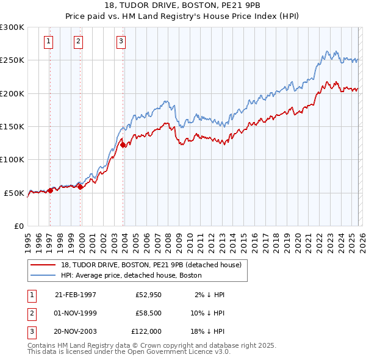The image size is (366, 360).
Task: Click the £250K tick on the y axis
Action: coord(12,60)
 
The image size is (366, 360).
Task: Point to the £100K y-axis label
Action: coord(12,160)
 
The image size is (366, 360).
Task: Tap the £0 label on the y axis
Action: coord(20,226)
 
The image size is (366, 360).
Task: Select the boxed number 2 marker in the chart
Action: coord(79,41)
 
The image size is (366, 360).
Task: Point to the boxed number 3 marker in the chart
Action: coord(121,41)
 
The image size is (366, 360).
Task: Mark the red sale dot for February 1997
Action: coord(50,190)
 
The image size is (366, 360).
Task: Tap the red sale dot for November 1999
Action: coord(80,187)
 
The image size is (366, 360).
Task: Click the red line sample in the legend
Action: coord(43,265)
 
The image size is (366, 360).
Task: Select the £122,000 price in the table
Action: coord(146,331)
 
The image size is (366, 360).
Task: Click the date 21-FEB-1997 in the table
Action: coord(76,295)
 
